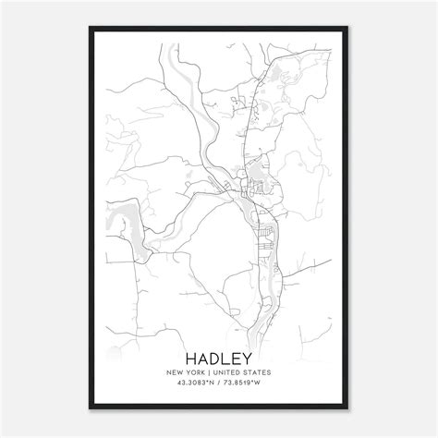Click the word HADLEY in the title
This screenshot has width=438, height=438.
pyautogui.click(x=218, y=358)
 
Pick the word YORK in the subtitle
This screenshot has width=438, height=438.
pyautogui.click(x=197, y=375)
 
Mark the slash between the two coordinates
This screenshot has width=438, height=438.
pyautogui.click(x=218, y=387)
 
